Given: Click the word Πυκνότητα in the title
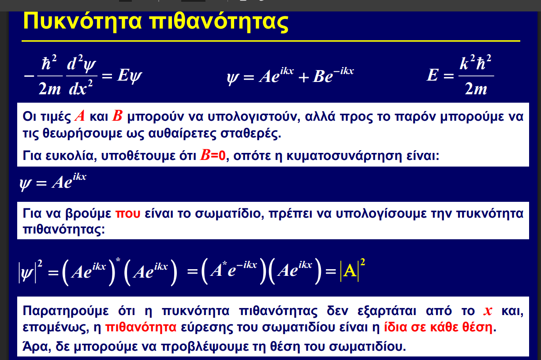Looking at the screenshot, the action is tap(82, 21).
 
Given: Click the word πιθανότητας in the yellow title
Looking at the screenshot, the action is tap(219, 21).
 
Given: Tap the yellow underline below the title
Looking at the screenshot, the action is tap(271, 41).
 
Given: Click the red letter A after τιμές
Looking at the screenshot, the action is tap(80, 116).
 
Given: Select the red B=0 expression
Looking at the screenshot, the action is tap(213, 155).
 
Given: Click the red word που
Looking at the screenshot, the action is tap(128, 214).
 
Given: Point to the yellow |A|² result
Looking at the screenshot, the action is tap(352, 270).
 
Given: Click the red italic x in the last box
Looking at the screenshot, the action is tap(488, 311).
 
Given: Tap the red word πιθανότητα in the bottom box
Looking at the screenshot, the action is tap(141, 327).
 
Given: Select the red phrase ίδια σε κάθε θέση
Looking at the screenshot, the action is tap(438, 327).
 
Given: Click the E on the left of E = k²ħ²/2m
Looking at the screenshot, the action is tap(432, 75).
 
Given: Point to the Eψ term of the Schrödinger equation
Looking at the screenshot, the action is tap(130, 76).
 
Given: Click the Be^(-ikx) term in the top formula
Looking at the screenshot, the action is tap(333, 75).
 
